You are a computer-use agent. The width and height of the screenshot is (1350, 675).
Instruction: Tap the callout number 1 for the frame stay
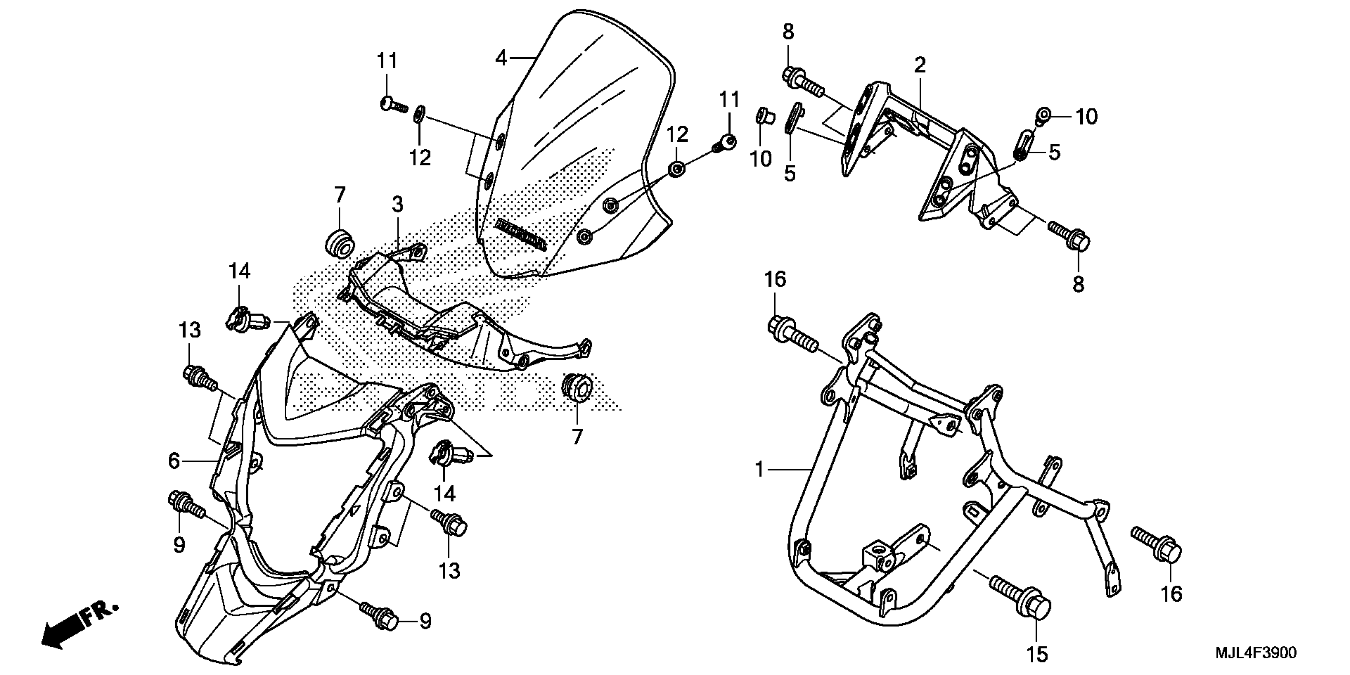(x=759, y=470)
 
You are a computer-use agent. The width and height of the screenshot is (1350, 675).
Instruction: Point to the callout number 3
(x=398, y=205)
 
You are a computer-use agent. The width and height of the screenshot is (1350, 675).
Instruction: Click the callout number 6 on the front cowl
(x=174, y=461)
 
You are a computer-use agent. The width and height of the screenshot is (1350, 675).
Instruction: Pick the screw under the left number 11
(x=393, y=104)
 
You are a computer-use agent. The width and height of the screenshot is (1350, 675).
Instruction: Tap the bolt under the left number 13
(x=200, y=379)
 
